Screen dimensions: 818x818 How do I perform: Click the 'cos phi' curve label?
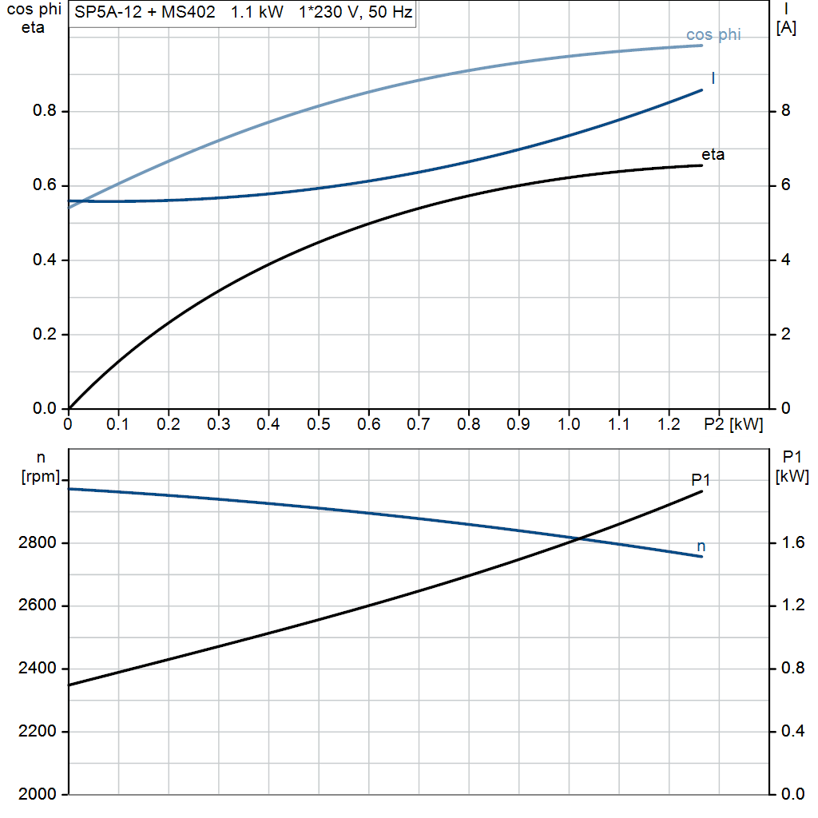pos(713,34)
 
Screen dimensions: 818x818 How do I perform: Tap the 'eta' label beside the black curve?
pos(713,154)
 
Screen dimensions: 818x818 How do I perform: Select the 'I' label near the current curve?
pos(713,77)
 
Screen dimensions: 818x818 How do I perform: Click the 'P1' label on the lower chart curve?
pos(701,479)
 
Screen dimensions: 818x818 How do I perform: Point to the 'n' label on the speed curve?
pos(701,546)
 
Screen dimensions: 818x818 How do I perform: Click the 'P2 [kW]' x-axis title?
pos(734,425)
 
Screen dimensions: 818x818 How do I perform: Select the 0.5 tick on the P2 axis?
pos(318,425)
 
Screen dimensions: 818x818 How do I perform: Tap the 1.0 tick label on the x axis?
pos(568,425)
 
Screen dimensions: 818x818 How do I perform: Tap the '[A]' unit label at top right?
pos(786,28)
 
